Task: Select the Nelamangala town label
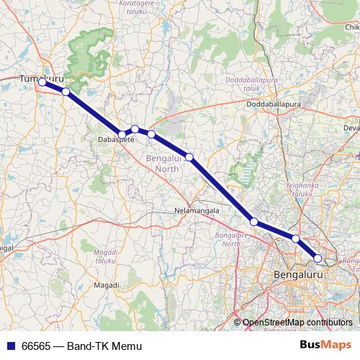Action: point(197,211)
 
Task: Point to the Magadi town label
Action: point(107,286)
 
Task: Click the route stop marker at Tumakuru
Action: point(42,82)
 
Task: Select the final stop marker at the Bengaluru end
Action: point(318,258)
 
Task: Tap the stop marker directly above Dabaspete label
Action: point(122,135)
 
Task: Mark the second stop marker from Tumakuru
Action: point(66,91)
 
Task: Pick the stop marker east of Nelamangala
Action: point(253,221)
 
